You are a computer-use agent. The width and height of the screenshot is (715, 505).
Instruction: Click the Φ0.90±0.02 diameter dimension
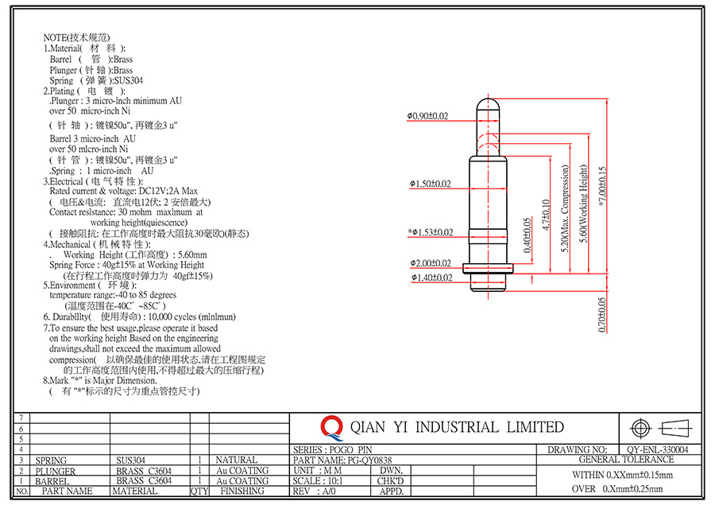coord(427,116)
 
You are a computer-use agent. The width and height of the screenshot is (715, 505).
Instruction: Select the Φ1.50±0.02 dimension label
coord(430,184)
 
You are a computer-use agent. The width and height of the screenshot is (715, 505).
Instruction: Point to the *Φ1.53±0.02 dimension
coord(431,232)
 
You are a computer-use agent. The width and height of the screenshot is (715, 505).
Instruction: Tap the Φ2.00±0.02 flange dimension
coord(431,263)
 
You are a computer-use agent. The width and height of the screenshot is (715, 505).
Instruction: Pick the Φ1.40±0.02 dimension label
coord(431,278)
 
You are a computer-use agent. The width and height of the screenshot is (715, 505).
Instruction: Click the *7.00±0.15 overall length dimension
coord(602,187)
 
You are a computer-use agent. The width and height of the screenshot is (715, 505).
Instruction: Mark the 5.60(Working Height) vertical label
coord(583,204)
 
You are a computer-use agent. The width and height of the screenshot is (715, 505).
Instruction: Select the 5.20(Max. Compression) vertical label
coord(566,208)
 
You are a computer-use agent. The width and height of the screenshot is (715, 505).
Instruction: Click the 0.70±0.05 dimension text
coord(602,315)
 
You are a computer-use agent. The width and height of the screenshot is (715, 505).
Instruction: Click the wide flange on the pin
coord(488,269)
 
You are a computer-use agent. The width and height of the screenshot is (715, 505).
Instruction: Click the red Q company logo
coord(331,428)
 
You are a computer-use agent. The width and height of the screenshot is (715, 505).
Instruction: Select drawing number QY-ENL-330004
coord(658,450)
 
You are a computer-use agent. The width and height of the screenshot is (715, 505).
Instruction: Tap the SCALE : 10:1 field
coord(318,481)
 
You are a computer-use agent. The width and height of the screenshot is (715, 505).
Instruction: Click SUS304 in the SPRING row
coord(130,460)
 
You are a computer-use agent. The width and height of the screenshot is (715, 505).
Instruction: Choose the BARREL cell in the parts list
coord(52,481)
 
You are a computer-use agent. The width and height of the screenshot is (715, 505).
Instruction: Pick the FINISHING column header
coord(242,491)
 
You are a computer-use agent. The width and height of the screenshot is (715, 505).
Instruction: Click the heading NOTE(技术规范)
coord(76,37)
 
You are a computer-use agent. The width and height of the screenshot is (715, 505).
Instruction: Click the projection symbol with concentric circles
coord(640,429)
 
